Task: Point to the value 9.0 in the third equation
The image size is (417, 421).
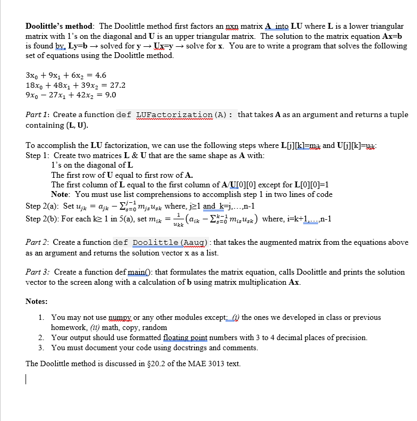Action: click(x=109, y=95)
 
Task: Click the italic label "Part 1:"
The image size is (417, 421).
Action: click(x=37, y=114)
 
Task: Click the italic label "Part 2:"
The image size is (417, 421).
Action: click(x=37, y=242)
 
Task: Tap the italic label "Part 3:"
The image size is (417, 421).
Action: click(x=38, y=272)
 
